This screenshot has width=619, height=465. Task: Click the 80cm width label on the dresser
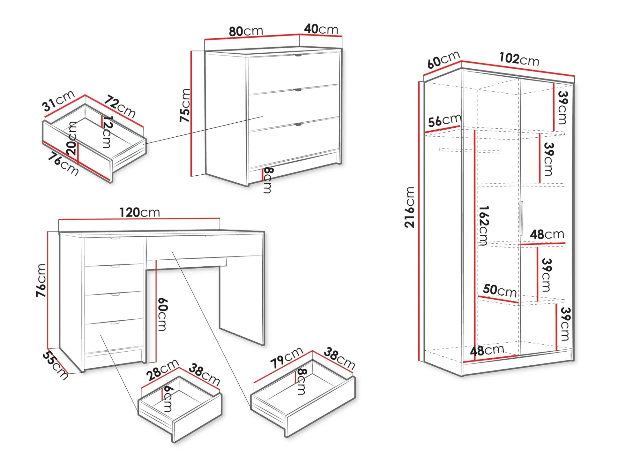point(246,31)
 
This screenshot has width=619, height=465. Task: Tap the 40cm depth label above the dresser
point(321,29)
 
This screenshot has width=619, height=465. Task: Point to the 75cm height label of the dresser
point(185,105)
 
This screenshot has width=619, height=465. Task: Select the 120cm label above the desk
point(139,212)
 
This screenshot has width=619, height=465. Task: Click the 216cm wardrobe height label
point(410,207)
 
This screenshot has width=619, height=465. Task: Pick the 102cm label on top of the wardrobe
point(519,59)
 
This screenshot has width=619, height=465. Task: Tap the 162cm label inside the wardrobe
point(484,225)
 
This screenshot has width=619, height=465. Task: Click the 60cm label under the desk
point(162,314)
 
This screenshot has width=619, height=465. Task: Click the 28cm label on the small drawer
point(162,370)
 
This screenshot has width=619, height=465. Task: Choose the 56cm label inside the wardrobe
point(445,120)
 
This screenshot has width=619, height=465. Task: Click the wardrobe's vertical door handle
point(521,218)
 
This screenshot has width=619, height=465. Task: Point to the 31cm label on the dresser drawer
point(58,101)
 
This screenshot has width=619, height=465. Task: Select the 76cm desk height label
point(41,280)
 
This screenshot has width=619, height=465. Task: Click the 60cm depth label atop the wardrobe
point(444,60)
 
